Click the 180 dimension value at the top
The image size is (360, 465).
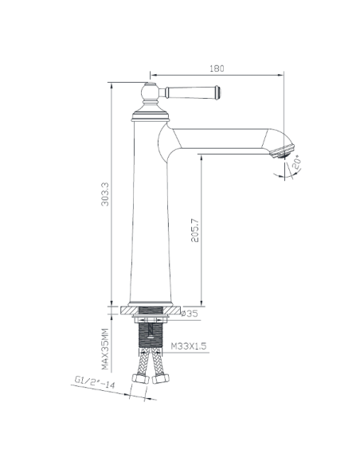pyautogui.click(x=217, y=68)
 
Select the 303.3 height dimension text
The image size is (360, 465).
pyautogui.click(x=105, y=194)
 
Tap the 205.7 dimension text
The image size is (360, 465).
pyautogui.click(x=195, y=230)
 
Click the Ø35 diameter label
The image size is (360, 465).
pyautogui.click(x=190, y=314)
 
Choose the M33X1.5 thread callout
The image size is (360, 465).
pyautogui.click(x=189, y=346)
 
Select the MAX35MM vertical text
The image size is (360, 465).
pyautogui.click(x=105, y=349)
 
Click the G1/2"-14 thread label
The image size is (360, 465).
pyautogui.click(x=94, y=381)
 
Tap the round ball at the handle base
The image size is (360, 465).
pyautogui.click(x=150, y=92)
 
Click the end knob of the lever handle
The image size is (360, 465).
pyautogui.click(x=217, y=92)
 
